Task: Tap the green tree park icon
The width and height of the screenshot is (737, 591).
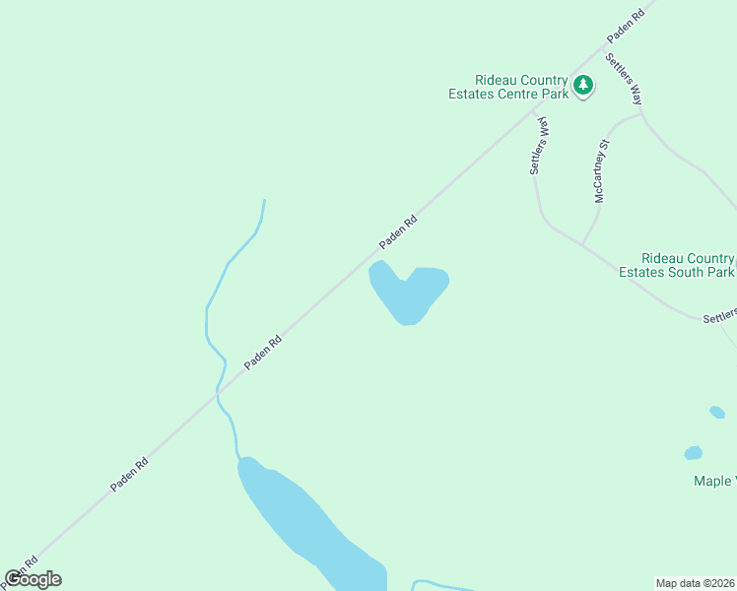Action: (584, 87)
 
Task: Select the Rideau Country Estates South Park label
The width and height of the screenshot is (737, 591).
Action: (676, 264)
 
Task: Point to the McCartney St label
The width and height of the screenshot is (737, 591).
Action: (603, 170)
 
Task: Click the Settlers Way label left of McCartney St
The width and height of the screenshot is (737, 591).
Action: (539, 145)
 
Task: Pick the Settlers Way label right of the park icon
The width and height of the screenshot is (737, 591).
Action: (625, 79)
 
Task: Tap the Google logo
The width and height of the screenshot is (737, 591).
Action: (33, 579)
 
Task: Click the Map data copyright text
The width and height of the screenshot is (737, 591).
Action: (695, 582)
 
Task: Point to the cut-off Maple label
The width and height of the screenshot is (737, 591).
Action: (713, 481)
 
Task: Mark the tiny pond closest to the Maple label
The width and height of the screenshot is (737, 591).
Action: (694, 453)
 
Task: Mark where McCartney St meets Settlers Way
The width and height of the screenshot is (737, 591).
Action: (583, 243)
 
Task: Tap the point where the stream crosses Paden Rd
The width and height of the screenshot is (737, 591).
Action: (218, 391)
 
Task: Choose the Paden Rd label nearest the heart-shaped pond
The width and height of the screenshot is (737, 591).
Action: (399, 232)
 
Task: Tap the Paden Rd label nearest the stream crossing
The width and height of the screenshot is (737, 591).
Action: (263, 352)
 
